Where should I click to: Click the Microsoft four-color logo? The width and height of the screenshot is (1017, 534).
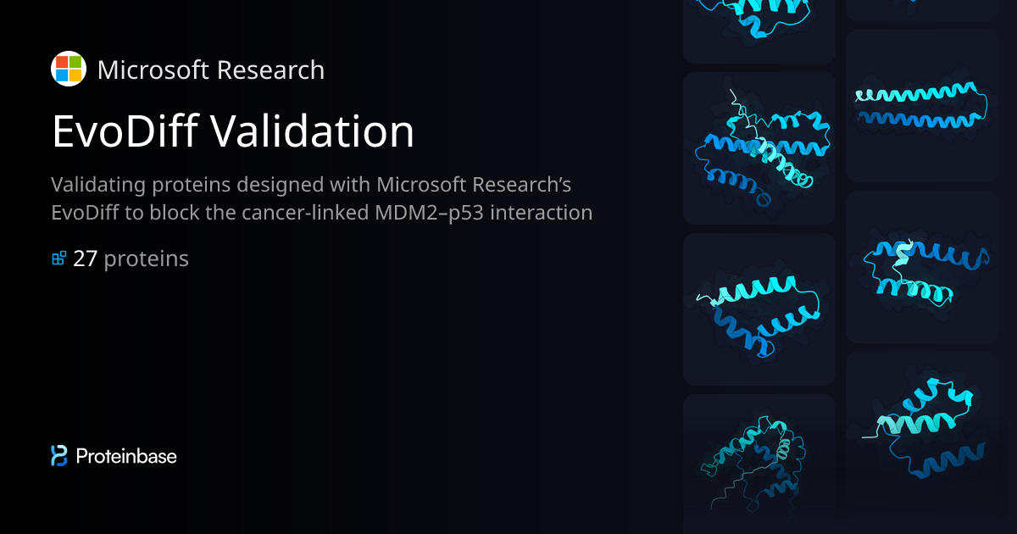68,69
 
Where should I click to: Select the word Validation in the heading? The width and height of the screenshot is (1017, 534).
311,131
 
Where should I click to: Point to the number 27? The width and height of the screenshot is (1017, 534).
86,259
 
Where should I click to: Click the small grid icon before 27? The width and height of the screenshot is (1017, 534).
59,259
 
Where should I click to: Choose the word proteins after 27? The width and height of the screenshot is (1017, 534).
146,259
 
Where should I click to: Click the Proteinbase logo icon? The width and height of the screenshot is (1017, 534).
59,456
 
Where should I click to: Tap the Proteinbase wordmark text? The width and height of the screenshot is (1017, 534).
126,456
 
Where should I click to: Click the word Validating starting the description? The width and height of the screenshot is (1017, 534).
99,184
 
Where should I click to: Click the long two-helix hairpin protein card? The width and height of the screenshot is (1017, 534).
921,106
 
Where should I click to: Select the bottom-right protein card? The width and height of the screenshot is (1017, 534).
921,428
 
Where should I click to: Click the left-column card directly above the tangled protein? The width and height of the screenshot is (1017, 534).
759,309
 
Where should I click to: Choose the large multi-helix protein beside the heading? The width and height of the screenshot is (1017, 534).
759,148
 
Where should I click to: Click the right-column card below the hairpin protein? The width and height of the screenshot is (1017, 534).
921,267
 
